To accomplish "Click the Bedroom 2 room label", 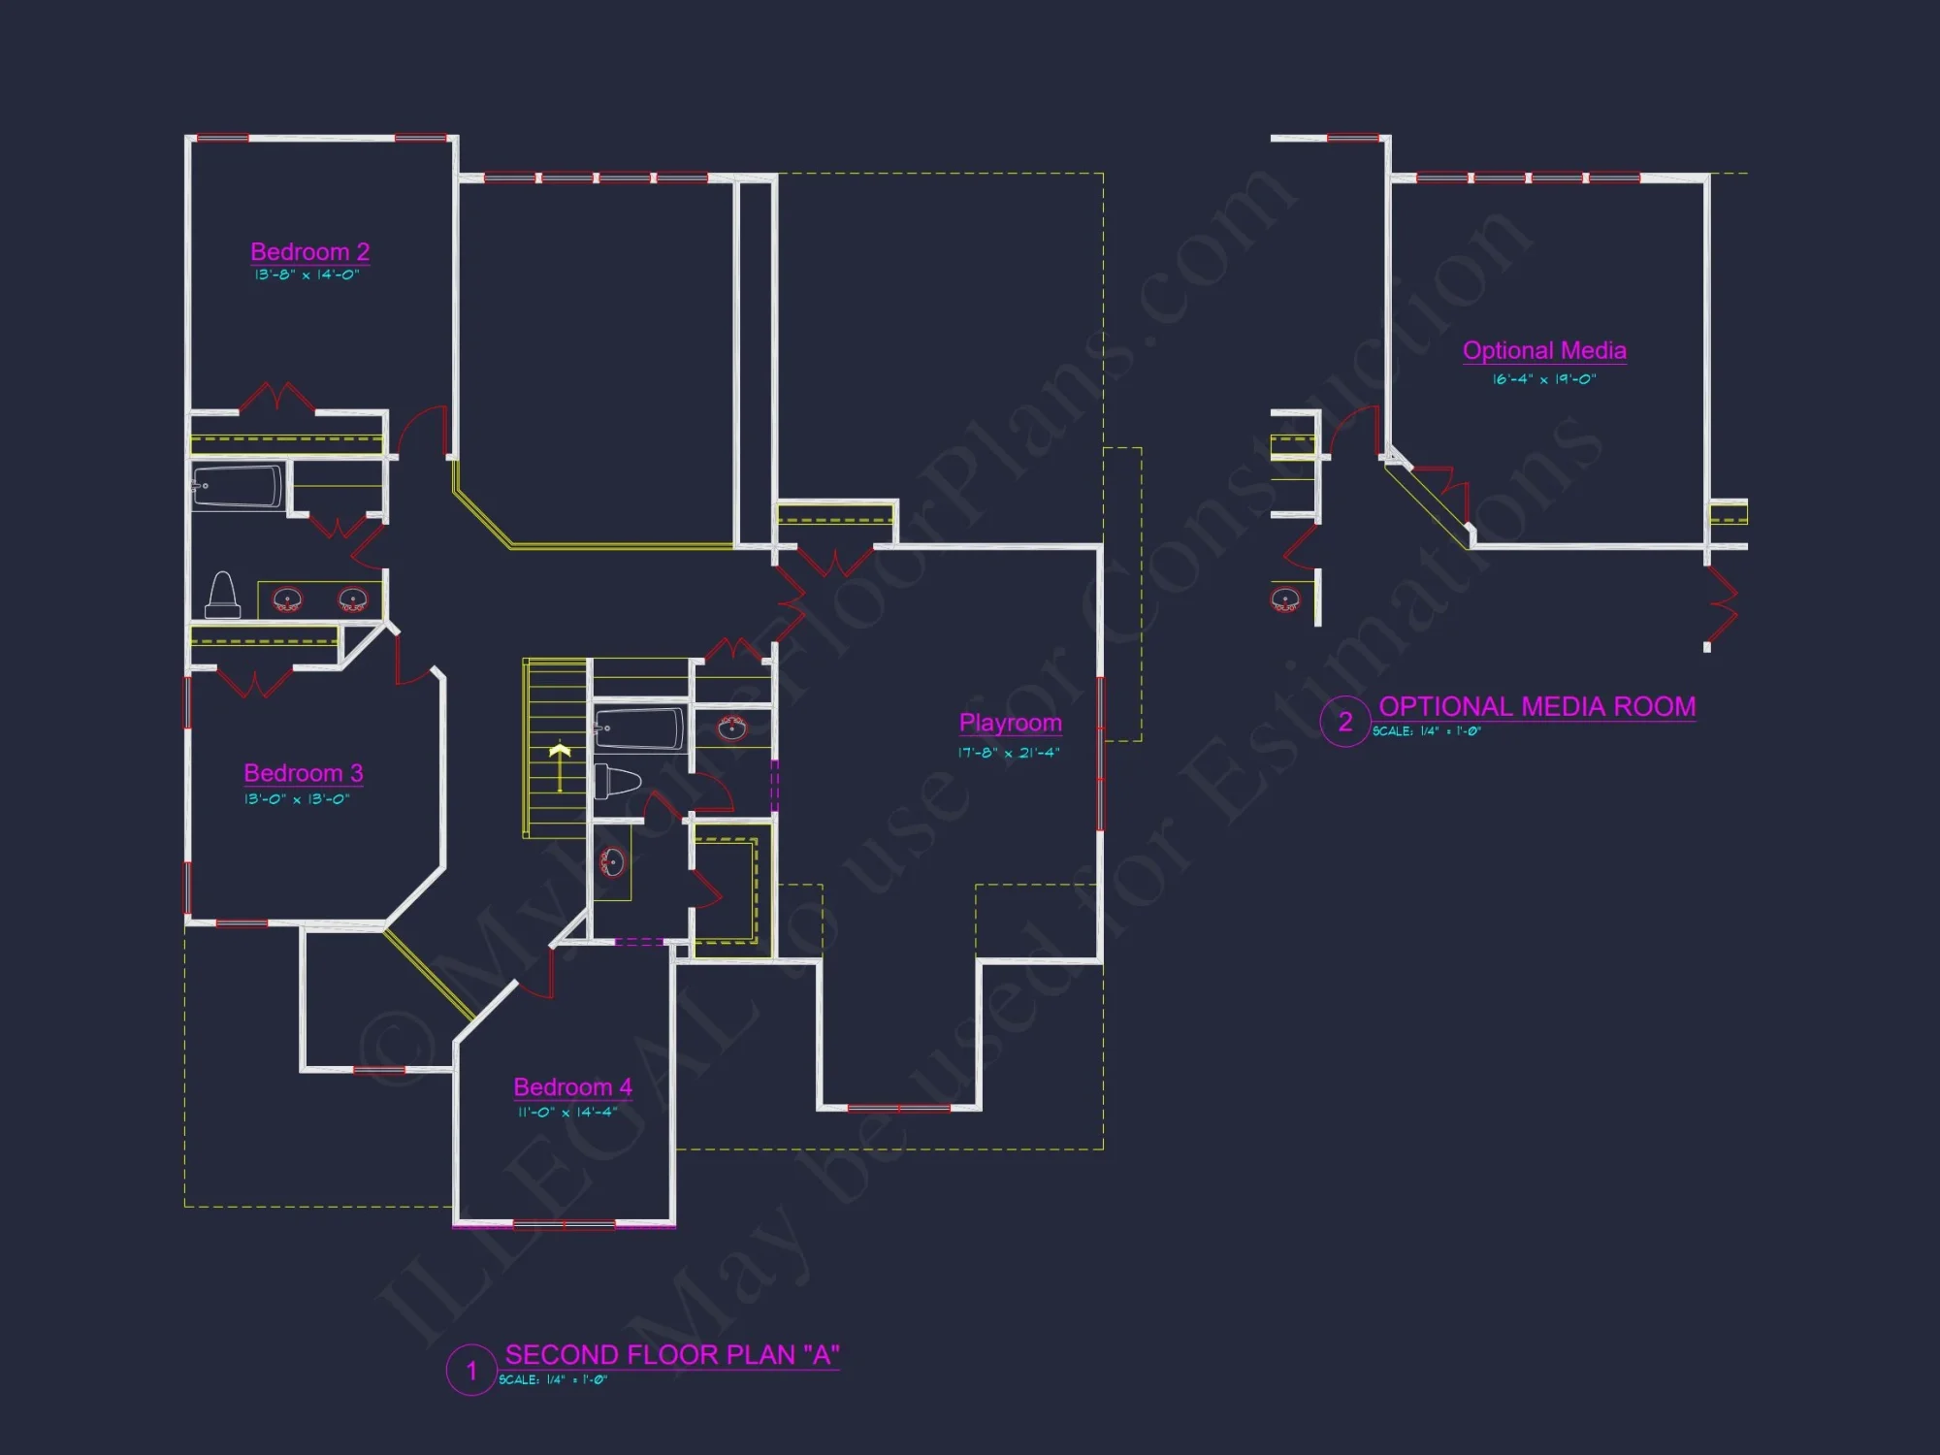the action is pyautogui.click(x=309, y=252).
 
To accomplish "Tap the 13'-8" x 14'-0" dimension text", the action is pyautogui.click(x=307, y=275).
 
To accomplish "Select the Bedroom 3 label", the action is pyautogui.click(x=303, y=773).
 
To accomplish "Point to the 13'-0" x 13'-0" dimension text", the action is pyautogui.click(x=297, y=799).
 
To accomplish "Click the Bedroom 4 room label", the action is pyautogui.click(x=572, y=1087).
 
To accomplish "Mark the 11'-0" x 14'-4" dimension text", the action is pyautogui.click(x=567, y=1113).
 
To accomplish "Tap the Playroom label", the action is pyautogui.click(x=1010, y=723).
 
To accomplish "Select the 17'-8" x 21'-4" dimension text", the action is pyautogui.click(x=1009, y=753).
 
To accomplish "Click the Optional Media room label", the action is pyautogui.click(x=1544, y=350).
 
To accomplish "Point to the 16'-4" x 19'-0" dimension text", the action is pyautogui.click(x=1544, y=379).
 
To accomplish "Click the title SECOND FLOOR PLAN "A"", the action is pyautogui.click(x=672, y=1354).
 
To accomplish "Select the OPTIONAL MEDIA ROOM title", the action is pyautogui.click(x=1536, y=706).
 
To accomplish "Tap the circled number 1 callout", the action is pyautogui.click(x=471, y=1371).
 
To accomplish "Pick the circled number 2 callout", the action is pyautogui.click(x=1345, y=722).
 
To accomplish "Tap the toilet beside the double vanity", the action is pyautogui.click(x=222, y=596).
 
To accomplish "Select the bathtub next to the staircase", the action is pyautogui.click(x=638, y=728).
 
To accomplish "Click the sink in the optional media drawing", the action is pyautogui.click(x=1285, y=598).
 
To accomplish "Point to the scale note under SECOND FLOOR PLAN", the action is pyautogui.click(x=553, y=1380).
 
